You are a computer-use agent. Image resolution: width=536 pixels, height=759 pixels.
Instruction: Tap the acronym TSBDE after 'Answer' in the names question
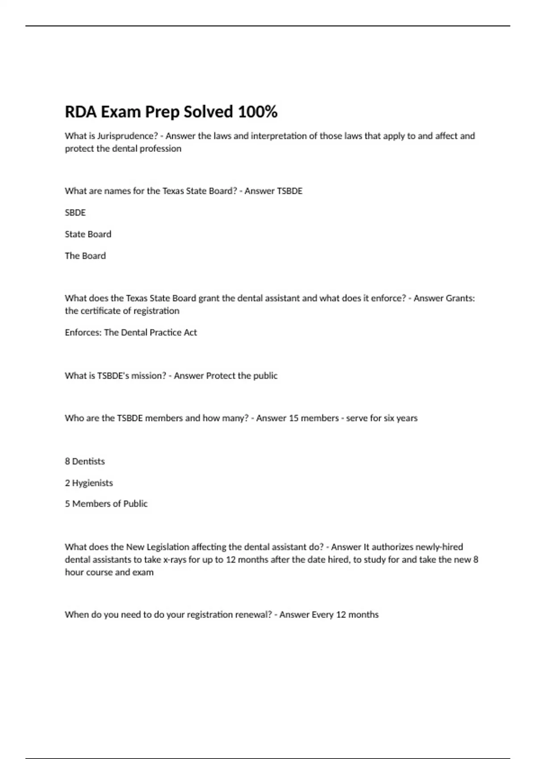(x=290, y=191)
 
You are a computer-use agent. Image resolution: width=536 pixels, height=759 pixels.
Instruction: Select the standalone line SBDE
(x=75, y=213)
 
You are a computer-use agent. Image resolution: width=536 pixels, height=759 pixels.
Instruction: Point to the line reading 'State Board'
(x=88, y=234)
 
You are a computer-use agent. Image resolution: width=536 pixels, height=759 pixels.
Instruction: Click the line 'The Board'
(x=85, y=256)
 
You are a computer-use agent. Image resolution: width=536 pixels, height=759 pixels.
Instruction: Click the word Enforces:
(x=83, y=332)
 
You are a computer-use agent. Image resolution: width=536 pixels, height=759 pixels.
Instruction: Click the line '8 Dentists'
(x=85, y=461)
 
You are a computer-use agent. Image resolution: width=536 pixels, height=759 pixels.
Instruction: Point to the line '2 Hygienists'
(x=89, y=483)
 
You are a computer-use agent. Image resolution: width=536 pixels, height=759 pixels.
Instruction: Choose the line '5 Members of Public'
(x=106, y=504)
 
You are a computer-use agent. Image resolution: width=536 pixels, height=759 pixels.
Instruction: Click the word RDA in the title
(x=81, y=112)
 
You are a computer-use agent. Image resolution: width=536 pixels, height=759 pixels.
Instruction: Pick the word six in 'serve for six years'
(x=388, y=418)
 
